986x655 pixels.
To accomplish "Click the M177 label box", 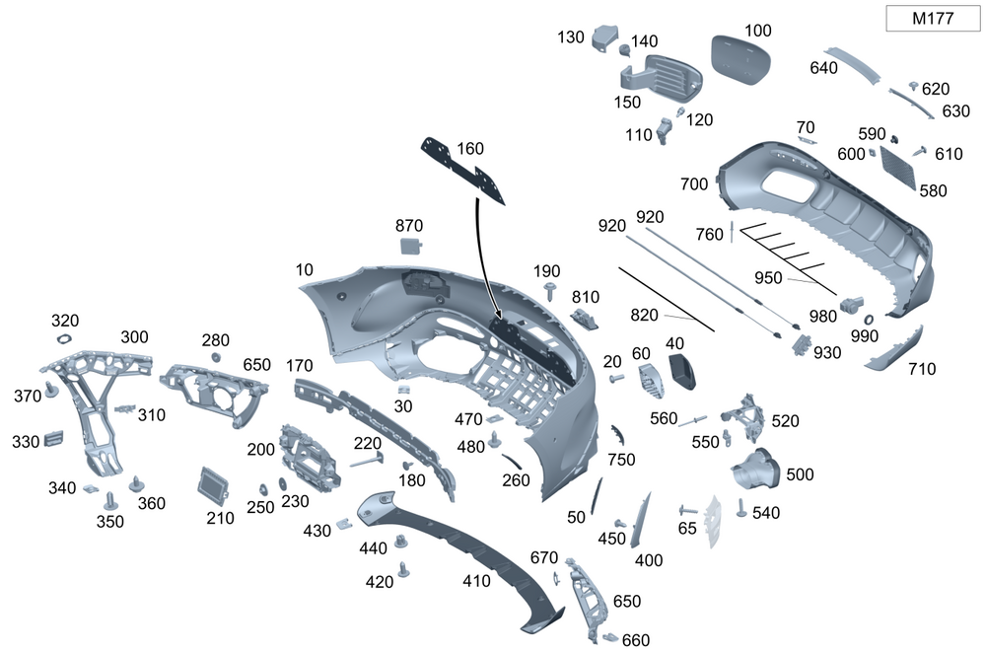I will coord(932,18).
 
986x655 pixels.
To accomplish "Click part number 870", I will coord(409,225).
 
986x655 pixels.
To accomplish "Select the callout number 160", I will coord(470,149).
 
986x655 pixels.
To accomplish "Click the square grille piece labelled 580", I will coord(898,165).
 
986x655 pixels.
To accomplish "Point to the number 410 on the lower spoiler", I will coord(476,581).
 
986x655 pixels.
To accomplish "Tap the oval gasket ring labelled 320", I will coord(65,338).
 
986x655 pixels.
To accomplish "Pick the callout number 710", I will coord(922,369).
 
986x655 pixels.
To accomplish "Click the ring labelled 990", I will coord(869,320).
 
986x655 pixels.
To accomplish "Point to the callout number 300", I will coord(134,337).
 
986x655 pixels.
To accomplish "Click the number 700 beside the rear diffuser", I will coord(694,183).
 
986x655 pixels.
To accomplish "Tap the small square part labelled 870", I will coord(410,247).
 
